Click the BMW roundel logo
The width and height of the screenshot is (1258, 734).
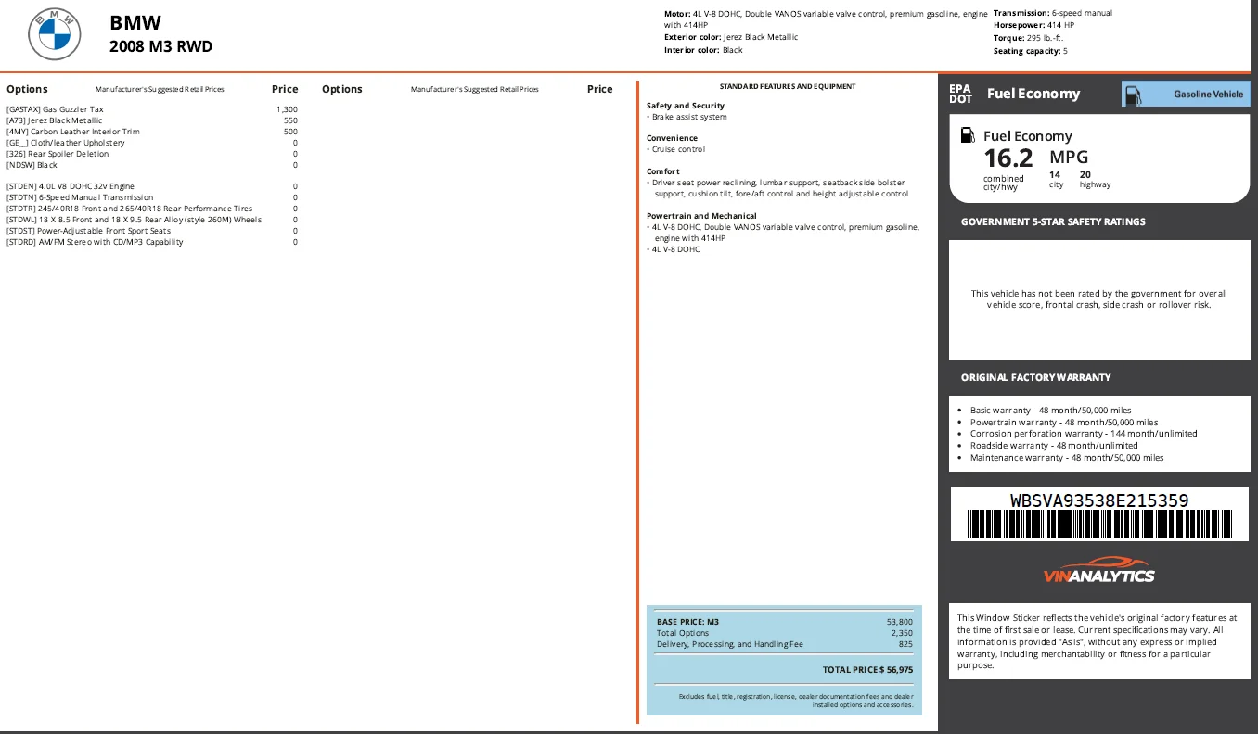coord(55,34)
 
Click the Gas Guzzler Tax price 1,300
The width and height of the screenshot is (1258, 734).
coord(287,109)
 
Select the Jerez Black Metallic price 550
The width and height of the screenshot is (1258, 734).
coord(290,120)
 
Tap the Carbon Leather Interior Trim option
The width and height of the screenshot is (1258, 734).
coord(73,132)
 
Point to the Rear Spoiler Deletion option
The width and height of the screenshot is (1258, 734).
coord(58,154)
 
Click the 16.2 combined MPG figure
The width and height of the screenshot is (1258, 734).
coord(1008,158)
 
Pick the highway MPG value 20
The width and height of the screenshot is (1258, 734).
coord(1085,174)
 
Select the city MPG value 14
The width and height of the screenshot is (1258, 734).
coord(1055,174)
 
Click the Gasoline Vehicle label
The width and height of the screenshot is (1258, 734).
coord(1208,95)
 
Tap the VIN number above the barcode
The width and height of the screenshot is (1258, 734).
coord(1099,500)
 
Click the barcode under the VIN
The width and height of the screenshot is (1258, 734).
coord(1099,524)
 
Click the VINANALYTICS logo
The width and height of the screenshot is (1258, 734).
coord(1099,570)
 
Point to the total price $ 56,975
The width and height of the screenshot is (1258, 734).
coord(867,670)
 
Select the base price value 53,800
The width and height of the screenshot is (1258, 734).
coord(900,622)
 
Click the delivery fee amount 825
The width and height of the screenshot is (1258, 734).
coord(905,644)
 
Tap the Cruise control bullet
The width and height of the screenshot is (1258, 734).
coord(675,149)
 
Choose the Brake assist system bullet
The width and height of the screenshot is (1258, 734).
coord(687,117)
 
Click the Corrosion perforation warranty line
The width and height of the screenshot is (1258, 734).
coord(1084,434)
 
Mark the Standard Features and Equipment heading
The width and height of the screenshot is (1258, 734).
coord(788,86)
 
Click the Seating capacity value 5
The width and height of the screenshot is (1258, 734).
coord(1065,51)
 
